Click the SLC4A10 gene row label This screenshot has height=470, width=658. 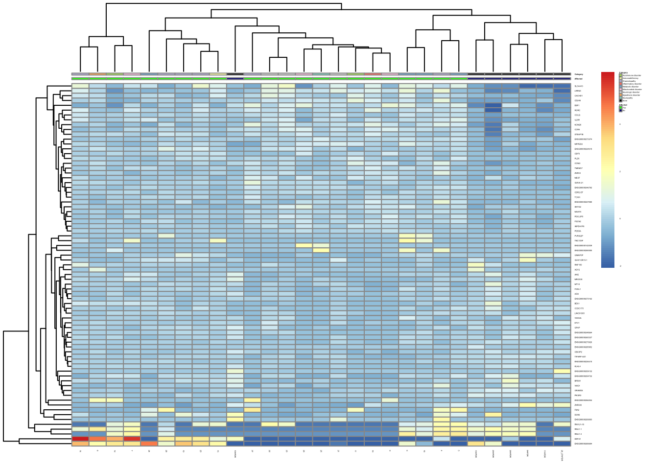[579, 86]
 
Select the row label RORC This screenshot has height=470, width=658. [577, 111]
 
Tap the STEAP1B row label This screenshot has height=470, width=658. [579, 135]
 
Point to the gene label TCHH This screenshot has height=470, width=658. [577, 197]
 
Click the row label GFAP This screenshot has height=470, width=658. [577, 328]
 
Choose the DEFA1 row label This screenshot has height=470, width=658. [577, 439]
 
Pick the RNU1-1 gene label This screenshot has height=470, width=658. [578, 429]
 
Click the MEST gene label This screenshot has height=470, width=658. [577, 178]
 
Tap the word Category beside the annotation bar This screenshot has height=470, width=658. [579, 74]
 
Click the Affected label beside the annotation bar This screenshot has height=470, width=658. [578, 79]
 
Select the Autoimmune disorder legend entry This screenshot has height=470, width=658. [632, 75]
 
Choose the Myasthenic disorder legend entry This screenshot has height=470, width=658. [631, 95]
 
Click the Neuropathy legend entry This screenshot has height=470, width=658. [628, 98]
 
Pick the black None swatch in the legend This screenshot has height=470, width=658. [620, 100]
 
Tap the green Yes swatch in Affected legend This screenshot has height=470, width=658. [620, 108]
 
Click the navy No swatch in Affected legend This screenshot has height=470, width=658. [620, 111]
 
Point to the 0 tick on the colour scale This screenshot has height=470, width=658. [620, 219]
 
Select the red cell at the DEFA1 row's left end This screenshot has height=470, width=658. [80, 439]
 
